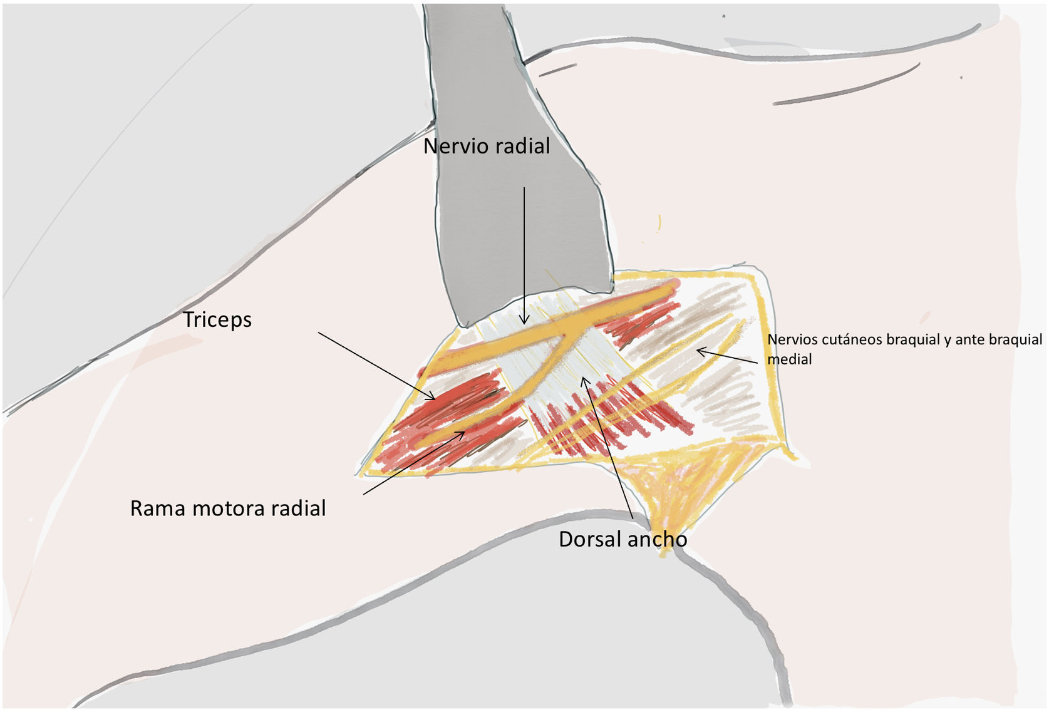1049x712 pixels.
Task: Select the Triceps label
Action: [x=217, y=320]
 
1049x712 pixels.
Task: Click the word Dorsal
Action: [x=589, y=540]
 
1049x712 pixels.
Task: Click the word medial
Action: [x=789, y=360]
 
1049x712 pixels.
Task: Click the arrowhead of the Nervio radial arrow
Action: [x=525, y=321]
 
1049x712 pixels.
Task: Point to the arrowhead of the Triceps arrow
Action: [x=432, y=398]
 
